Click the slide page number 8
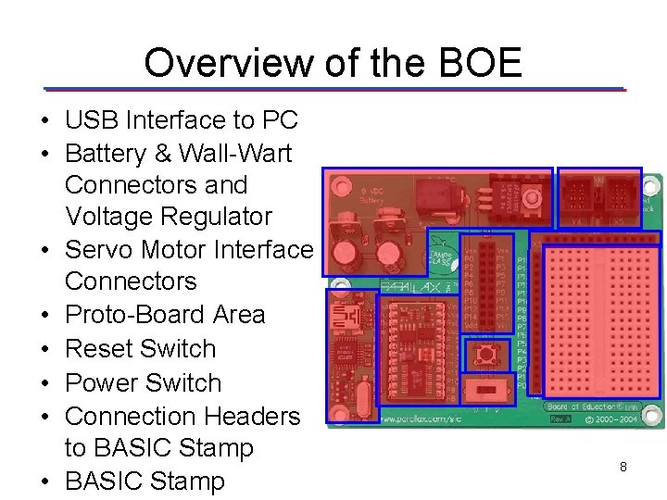(x=623, y=468)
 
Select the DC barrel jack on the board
(x=432, y=195)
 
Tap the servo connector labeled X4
(x=576, y=196)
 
